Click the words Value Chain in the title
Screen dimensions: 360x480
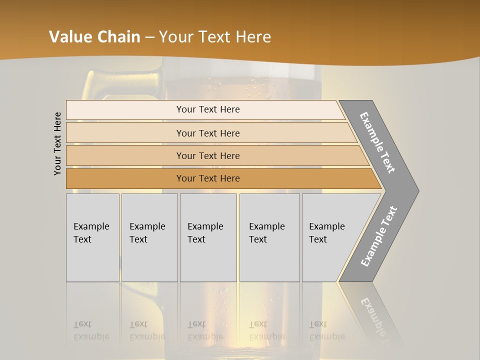pyautogui.click(x=94, y=37)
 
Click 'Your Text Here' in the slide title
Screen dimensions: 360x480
pyautogui.click(x=215, y=37)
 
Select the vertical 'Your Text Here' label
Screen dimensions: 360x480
pyautogui.click(x=58, y=143)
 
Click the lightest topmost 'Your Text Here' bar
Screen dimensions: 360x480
pyautogui.click(x=207, y=109)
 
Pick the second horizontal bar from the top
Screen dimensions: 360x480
pyautogui.click(x=207, y=133)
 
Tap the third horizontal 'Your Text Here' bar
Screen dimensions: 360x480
pyautogui.click(x=207, y=155)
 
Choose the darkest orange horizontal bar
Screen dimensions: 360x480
pyautogui.click(x=207, y=178)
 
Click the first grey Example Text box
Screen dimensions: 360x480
pyautogui.click(x=92, y=237)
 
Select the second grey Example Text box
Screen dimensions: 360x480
pyautogui.click(x=149, y=237)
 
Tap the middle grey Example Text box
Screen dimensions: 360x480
pyautogui.click(x=208, y=237)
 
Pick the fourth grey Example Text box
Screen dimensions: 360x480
pyautogui.click(x=269, y=237)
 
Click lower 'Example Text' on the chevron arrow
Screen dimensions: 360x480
pyautogui.click(x=378, y=236)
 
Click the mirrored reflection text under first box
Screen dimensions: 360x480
pyautogui.click(x=91, y=331)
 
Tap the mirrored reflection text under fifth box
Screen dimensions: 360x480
pyautogui.click(x=326, y=331)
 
